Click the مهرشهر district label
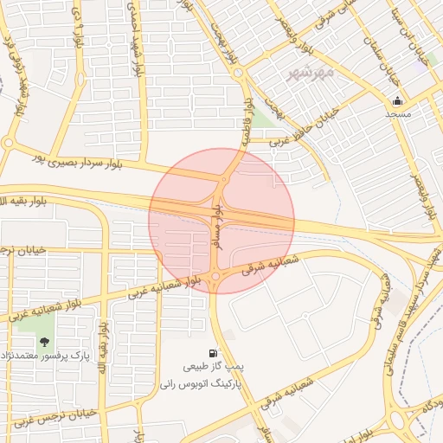pyautogui.click(x=313, y=72)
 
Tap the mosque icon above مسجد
pyautogui.click(x=398, y=100)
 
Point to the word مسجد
pyautogui.click(x=398, y=114)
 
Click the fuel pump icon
pyautogui.click(x=212, y=353)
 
